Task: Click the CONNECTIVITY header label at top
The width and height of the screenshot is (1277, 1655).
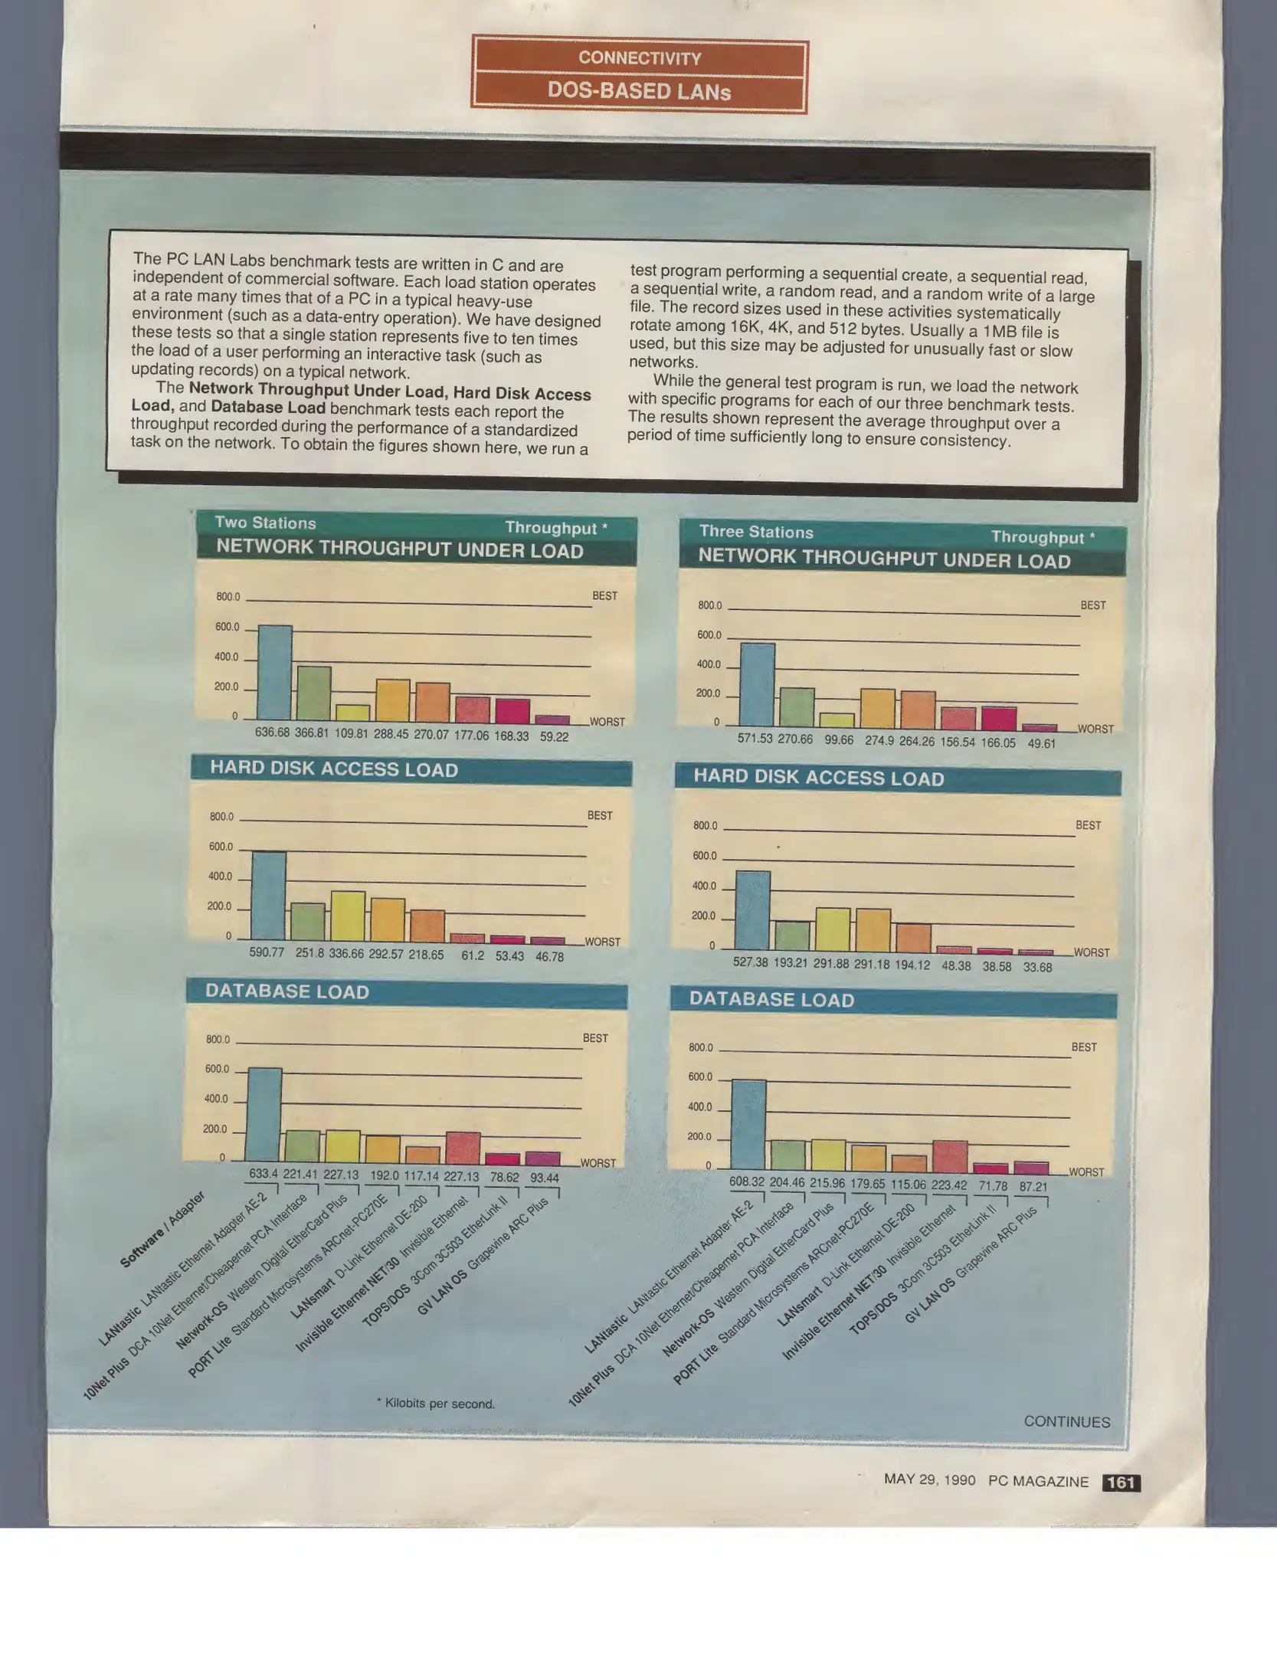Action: (640, 58)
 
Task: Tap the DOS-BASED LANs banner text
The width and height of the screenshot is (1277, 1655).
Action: (640, 92)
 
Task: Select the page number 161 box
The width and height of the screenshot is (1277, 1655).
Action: (1121, 1482)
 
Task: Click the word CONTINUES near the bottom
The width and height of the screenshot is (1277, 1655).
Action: (1066, 1421)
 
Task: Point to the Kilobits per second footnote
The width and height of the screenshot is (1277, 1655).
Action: (436, 1403)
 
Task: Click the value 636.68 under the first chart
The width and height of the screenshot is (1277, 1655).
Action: (272, 732)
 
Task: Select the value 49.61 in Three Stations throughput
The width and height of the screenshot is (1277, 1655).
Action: (1041, 743)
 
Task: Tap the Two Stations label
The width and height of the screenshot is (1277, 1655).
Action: (265, 523)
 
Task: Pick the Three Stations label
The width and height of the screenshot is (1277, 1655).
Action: (756, 532)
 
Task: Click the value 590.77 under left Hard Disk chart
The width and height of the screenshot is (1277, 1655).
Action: (267, 952)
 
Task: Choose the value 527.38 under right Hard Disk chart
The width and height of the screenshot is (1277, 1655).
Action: (750, 962)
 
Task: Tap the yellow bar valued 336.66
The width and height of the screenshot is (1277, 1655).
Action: (348, 916)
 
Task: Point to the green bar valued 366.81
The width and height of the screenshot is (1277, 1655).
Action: (314, 693)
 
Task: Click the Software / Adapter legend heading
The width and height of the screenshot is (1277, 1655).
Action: (162, 1229)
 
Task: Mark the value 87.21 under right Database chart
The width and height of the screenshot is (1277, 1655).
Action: (1033, 1186)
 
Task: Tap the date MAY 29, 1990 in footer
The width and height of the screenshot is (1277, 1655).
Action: (929, 1479)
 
